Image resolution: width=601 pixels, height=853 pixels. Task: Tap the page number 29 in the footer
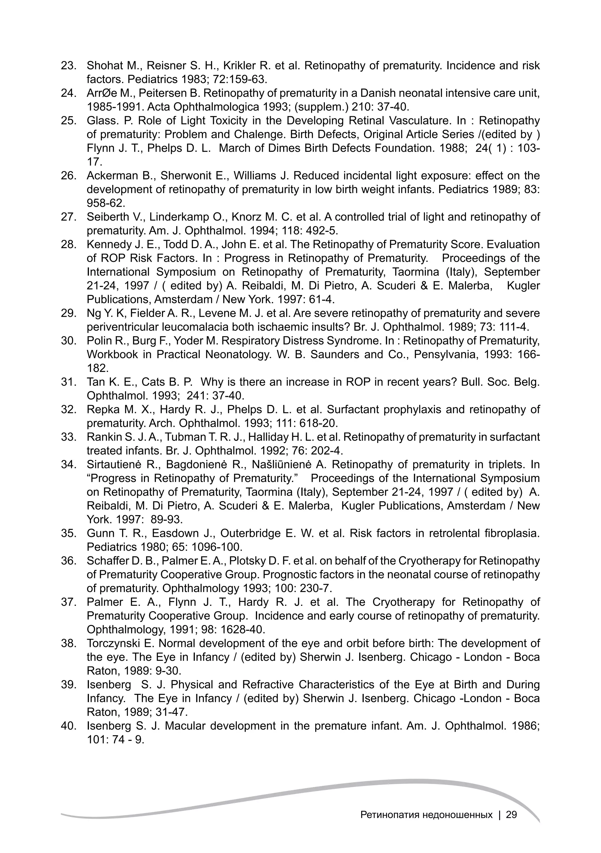[x=511, y=815]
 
